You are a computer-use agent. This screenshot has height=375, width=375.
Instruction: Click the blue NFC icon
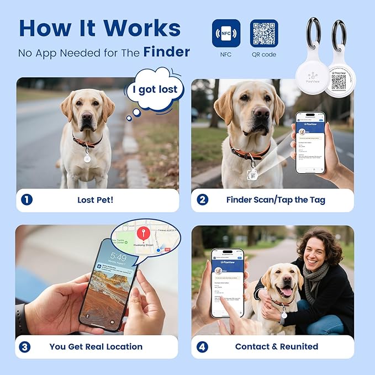point(226,33)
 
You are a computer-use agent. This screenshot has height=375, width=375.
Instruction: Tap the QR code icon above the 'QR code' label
point(264,33)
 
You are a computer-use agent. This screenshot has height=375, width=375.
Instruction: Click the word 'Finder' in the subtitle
point(167,52)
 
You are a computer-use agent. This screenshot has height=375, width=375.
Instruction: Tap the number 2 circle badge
point(203,200)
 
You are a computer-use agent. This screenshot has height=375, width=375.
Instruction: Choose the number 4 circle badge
point(203,347)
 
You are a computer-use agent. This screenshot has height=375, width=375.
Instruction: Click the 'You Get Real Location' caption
point(96,347)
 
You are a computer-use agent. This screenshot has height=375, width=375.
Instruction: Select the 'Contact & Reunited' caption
point(276,347)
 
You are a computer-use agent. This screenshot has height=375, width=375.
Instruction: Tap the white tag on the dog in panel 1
point(87,159)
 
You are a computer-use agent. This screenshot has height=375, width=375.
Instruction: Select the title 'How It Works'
point(99,28)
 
